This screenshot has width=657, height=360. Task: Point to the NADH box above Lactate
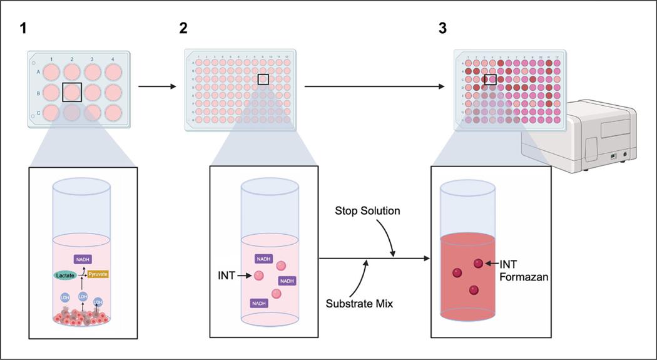(x=83, y=259)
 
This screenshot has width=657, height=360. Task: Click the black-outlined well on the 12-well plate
(x=72, y=92)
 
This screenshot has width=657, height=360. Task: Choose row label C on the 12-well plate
(x=38, y=113)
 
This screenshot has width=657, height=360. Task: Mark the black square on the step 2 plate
(x=263, y=80)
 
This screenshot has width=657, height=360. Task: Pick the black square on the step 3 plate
(x=491, y=80)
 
